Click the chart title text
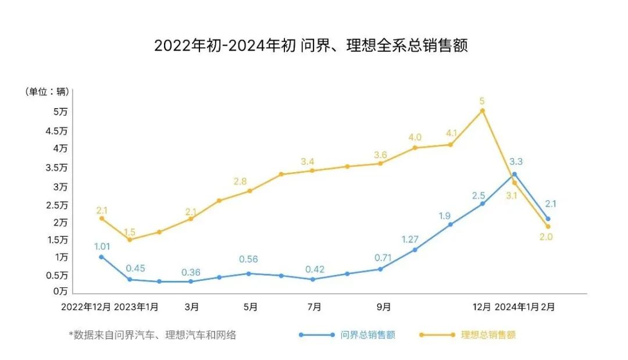click(x=311, y=46)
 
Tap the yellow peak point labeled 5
click(x=482, y=111)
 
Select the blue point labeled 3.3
click(x=515, y=174)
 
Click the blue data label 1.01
click(x=102, y=246)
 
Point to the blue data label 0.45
click(x=135, y=268)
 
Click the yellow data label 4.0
click(x=415, y=137)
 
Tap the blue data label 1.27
click(x=411, y=238)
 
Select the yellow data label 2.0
click(x=546, y=237)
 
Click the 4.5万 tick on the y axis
click(x=56, y=131)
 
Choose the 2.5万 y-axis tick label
click(x=56, y=205)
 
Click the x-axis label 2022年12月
click(x=85, y=306)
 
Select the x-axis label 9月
click(x=384, y=306)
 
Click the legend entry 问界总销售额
click(x=368, y=335)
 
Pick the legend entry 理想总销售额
click(x=488, y=335)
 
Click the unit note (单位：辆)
click(x=47, y=91)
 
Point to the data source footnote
click(x=152, y=335)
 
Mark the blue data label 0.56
click(x=248, y=259)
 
